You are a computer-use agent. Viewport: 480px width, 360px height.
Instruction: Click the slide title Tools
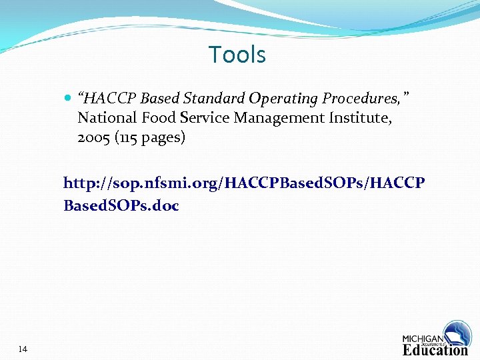pyautogui.click(x=237, y=55)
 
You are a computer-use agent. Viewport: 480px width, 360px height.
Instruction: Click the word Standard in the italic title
pyautogui.click(x=215, y=99)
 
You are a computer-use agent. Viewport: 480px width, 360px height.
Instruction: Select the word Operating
pyautogui.click(x=283, y=99)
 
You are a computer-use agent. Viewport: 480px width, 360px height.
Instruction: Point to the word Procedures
pyautogui.click(x=361, y=99)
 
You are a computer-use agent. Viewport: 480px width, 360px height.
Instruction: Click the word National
pyautogui.click(x=105, y=119)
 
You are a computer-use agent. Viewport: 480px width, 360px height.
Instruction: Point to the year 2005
pyautogui.click(x=93, y=139)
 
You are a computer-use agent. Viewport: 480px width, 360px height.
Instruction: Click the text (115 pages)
pyautogui.click(x=148, y=139)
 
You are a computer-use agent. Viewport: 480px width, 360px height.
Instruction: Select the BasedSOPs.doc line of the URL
pyautogui.click(x=121, y=205)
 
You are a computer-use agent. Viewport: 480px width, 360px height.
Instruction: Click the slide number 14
pyautogui.click(x=23, y=349)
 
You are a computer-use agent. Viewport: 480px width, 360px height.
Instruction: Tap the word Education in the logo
pyautogui.click(x=435, y=349)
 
